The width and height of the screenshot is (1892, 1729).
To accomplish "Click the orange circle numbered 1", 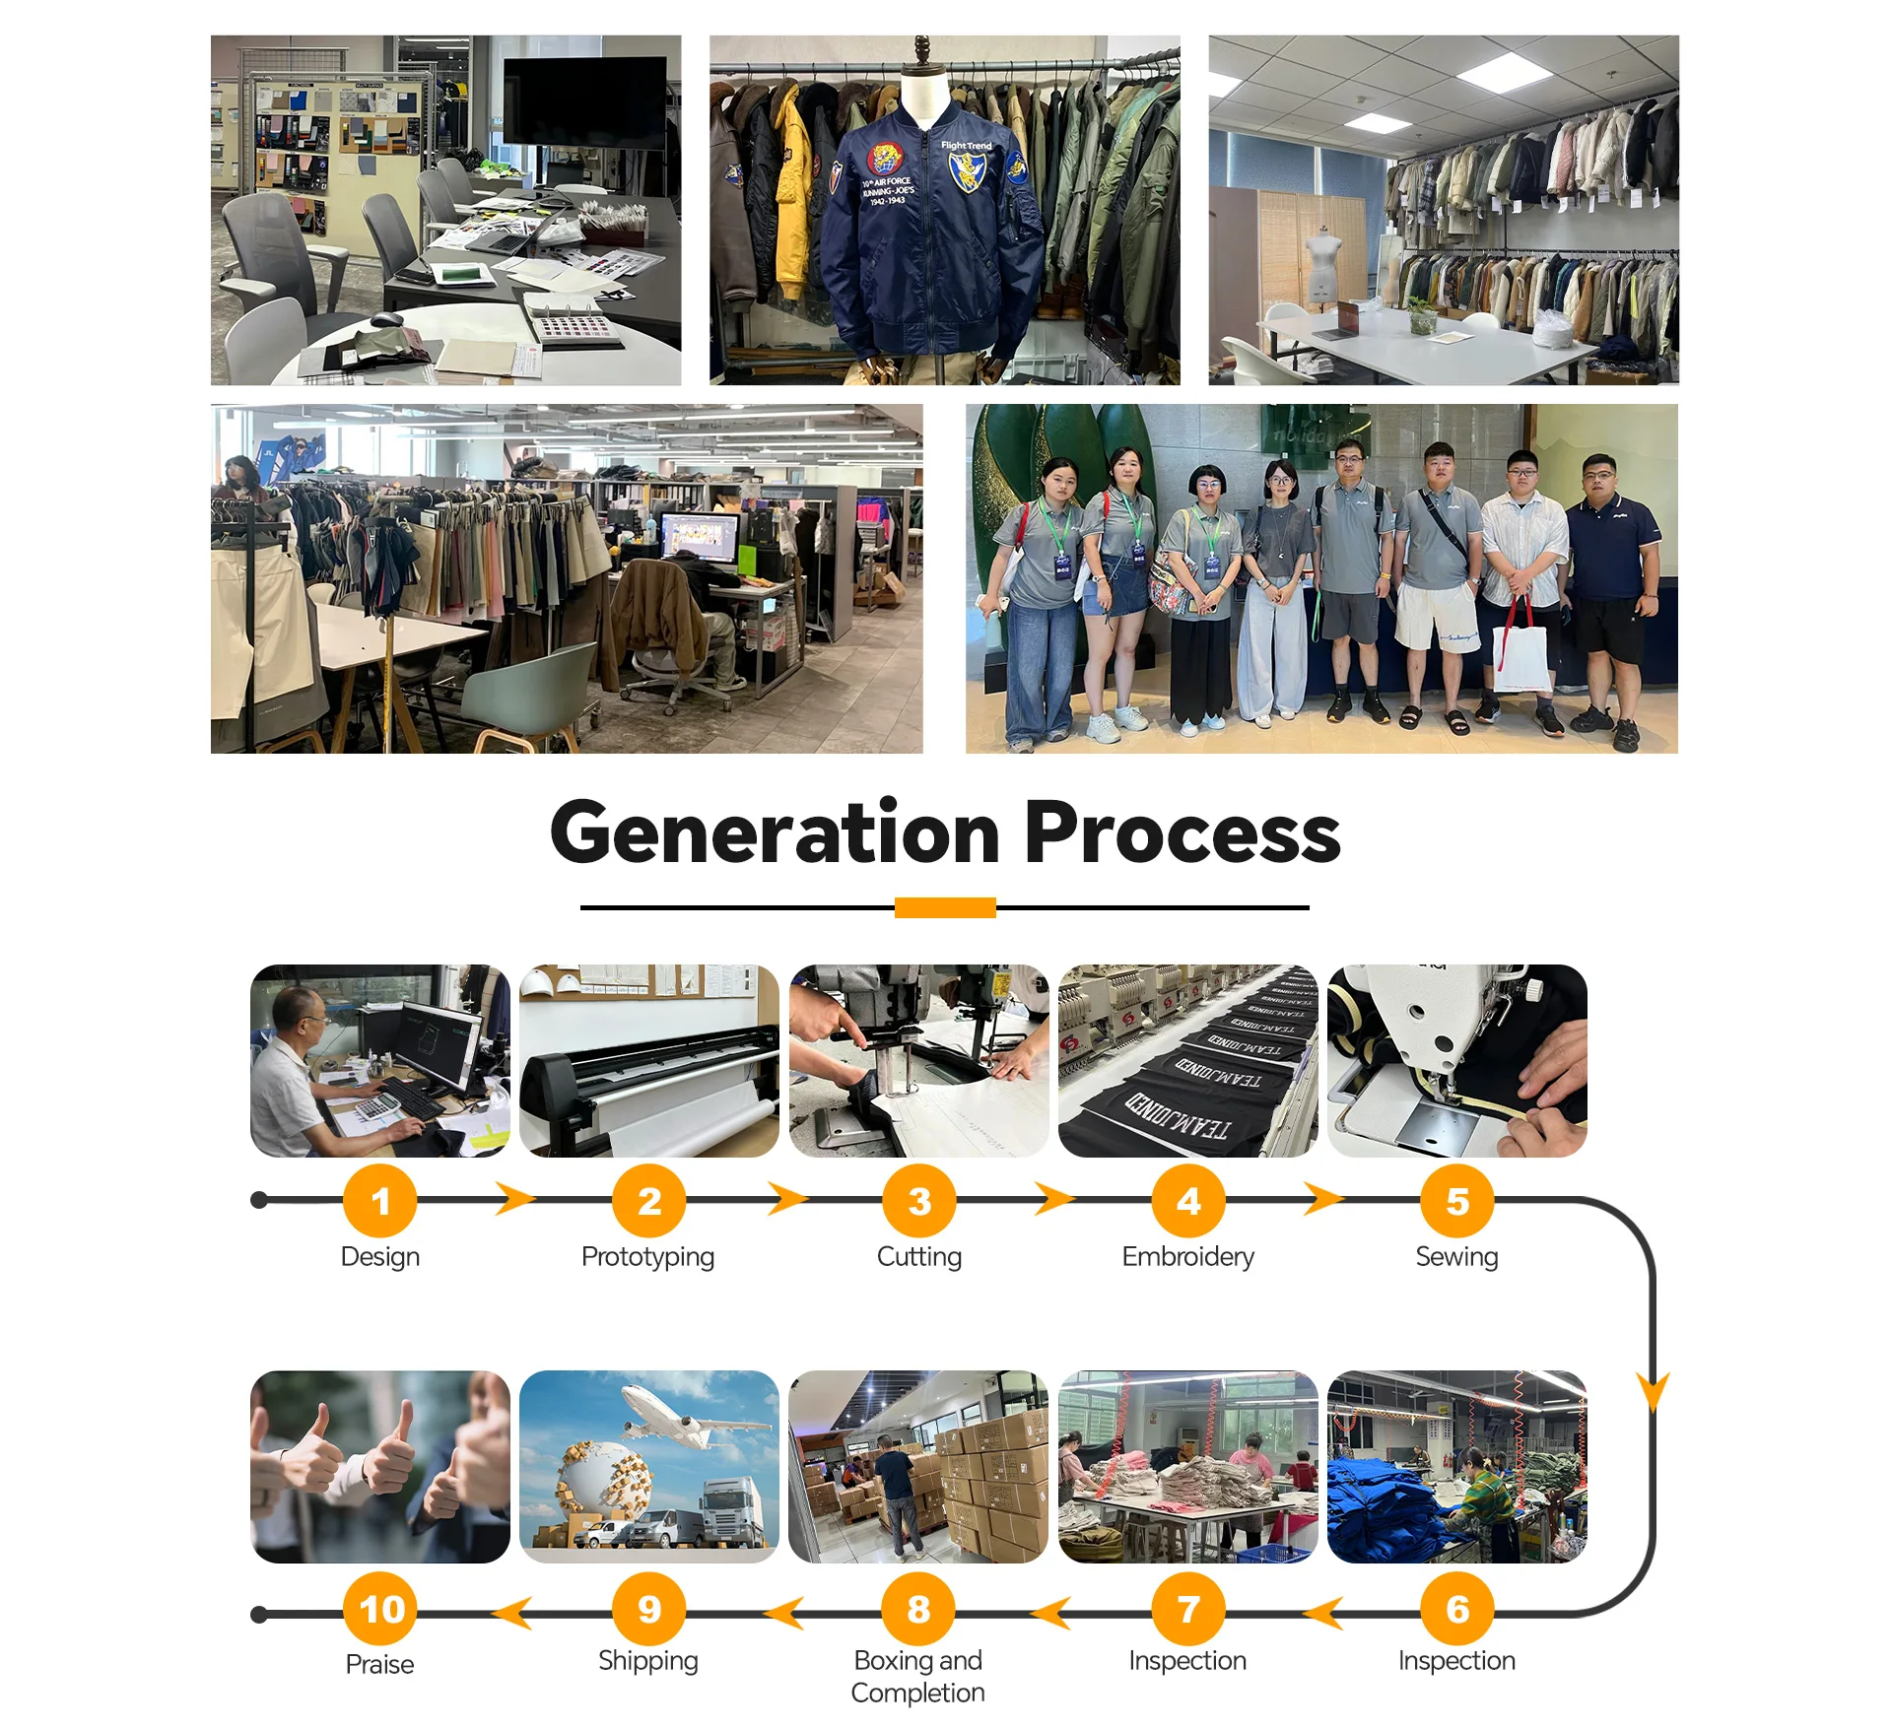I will (x=380, y=1201).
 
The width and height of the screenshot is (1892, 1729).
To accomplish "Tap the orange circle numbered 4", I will (x=1188, y=1201).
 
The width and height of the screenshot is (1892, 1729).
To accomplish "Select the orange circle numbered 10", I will (x=380, y=1609).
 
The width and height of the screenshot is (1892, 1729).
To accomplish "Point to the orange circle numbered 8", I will (x=918, y=1609).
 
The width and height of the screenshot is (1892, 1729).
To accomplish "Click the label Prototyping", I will (x=647, y=1257).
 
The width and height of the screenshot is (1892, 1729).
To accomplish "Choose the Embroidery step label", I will (x=1187, y=1257).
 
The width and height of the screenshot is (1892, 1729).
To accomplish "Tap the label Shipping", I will (x=647, y=1661).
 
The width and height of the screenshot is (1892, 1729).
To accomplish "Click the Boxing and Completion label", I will (x=917, y=1677).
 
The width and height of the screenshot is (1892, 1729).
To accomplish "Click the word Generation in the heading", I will (x=776, y=833).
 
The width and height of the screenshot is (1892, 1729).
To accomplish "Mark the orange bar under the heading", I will (x=945, y=907).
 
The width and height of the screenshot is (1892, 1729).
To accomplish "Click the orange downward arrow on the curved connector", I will (x=1654, y=1391).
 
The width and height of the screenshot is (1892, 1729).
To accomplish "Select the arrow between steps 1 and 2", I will (x=515, y=1199).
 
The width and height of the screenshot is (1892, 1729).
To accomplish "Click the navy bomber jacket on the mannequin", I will (x=926, y=236).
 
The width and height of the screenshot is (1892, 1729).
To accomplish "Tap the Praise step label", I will (x=379, y=1665).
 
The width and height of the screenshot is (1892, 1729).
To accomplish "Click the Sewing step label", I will (x=1456, y=1257).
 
